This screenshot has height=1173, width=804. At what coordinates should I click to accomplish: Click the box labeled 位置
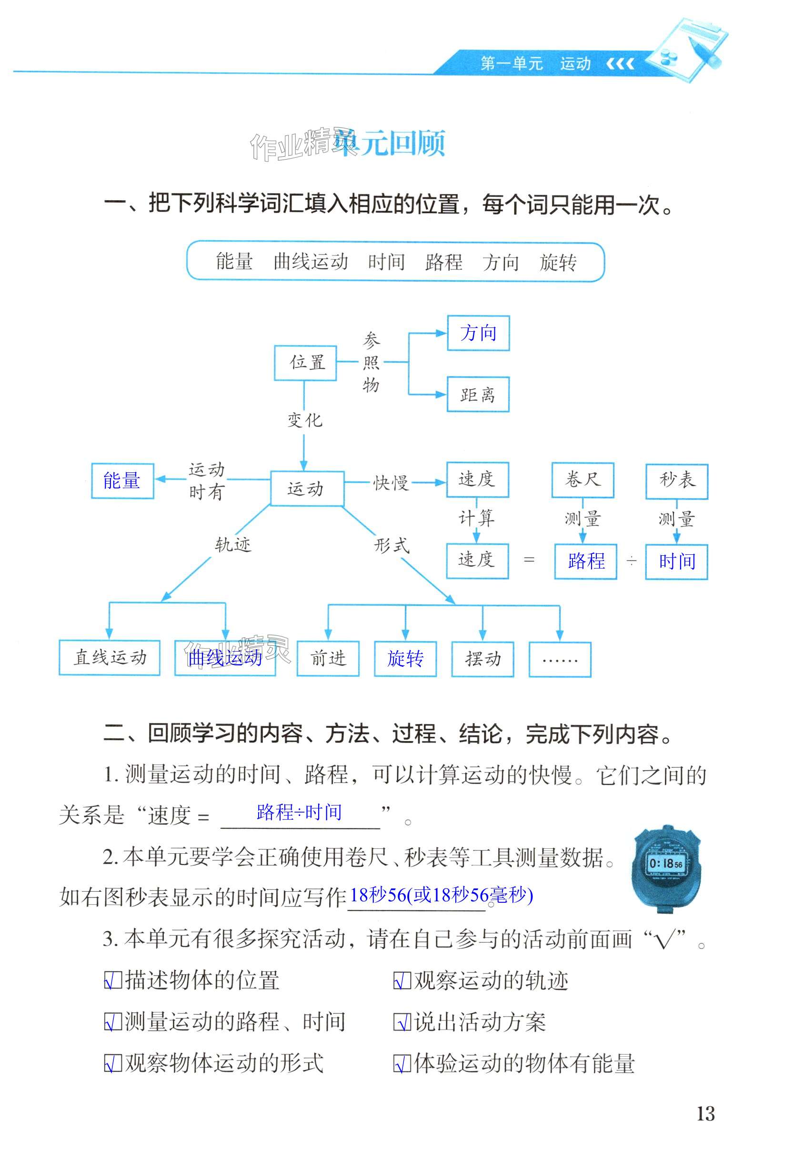[305, 362]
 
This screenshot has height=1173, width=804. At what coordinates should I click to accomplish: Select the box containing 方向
[478, 333]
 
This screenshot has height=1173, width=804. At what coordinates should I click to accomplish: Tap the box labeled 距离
[478, 394]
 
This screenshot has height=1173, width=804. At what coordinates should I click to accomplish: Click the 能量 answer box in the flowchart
[122, 480]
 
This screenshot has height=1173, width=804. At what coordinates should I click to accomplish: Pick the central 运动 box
[307, 488]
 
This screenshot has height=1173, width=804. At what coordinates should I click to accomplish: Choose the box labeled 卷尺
[583, 479]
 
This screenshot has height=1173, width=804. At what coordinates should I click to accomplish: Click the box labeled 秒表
[677, 480]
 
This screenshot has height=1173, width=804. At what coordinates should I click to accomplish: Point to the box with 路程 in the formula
[585, 561]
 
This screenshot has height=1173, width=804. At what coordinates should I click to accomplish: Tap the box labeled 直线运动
[110, 658]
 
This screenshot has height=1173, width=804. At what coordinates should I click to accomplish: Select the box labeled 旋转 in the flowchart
[405, 659]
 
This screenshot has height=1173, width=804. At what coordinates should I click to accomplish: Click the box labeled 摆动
[482, 659]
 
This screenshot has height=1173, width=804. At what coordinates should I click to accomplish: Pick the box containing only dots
[560, 659]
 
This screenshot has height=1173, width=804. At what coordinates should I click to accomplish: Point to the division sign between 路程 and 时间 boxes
[632, 561]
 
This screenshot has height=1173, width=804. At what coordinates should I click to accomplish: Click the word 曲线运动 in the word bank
[311, 262]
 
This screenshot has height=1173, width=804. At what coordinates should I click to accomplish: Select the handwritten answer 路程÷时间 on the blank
[299, 812]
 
